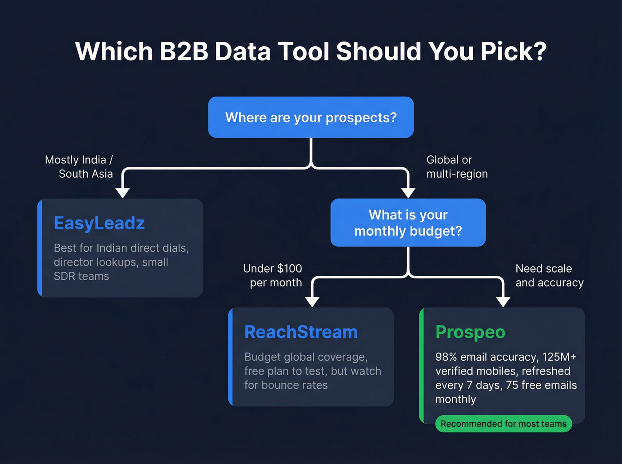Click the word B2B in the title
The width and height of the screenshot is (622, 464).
pyautogui.click(x=184, y=52)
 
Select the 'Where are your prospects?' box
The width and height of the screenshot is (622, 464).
pyautogui.click(x=311, y=117)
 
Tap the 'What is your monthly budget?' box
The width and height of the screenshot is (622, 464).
pyautogui.click(x=408, y=222)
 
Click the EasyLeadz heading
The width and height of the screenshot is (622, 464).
pyautogui.click(x=99, y=223)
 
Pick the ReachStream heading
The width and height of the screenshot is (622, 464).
pyautogui.click(x=301, y=332)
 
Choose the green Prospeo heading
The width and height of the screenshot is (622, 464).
pyautogui.click(x=470, y=332)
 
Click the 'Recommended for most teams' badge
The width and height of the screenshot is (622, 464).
pyautogui.click(x=503, y=424)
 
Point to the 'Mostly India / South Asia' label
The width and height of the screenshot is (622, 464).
pyautogui.click(x=79, y=167)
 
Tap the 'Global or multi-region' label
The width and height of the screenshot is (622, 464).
pyautogui.click(x=457, y=167)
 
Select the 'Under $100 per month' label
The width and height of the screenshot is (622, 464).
pyautogui.click(x=272, y=275)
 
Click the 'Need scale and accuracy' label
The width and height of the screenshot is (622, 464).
pyautogui.click(x=549, y=275)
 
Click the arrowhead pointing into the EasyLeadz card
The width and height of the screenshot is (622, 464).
pyautogui.click(x=123, y=193)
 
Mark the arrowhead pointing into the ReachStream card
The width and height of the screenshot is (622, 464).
pyautogui.click(x=312, y=302)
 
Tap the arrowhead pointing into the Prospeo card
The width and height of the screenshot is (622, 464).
pyautogui.click(x=503, y=302)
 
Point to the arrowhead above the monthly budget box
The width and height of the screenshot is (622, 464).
pyautogui.click(x=408, y=193)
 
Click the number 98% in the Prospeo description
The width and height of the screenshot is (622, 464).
pyautogui.click(x=446, y=357)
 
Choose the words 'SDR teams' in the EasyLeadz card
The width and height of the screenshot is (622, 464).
pyautogui.click(x=81, y=276)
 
